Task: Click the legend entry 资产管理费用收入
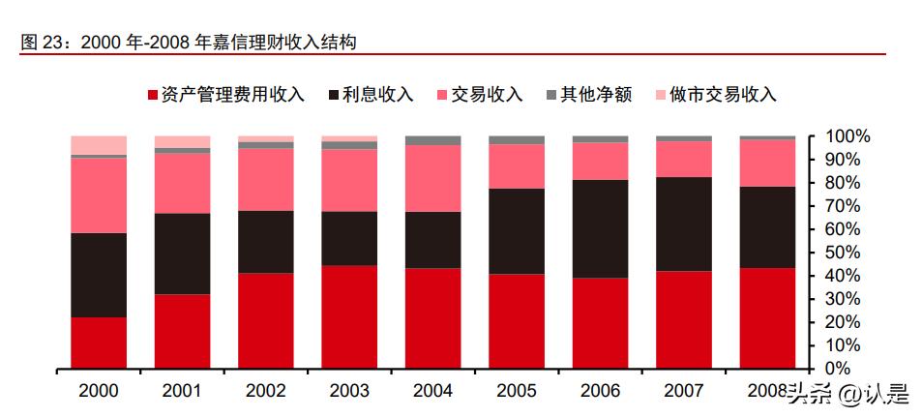(225, 94)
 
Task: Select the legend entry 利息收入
(372, 94)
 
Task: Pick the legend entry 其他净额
(589, 94)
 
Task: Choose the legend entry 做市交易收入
(716, 94)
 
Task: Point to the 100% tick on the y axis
(848, 137)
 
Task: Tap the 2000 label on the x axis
(99, 391)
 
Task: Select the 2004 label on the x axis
(432, 391)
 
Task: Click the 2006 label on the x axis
(600, 391)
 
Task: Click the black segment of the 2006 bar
(600, 228)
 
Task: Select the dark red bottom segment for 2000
(99, 343)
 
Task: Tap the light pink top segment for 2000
(99, 145)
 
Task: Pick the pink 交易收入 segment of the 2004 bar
(432, 178)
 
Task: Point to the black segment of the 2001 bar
(182, 254)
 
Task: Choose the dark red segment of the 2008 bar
(766, 317)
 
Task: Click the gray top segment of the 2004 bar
(432, 140)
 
